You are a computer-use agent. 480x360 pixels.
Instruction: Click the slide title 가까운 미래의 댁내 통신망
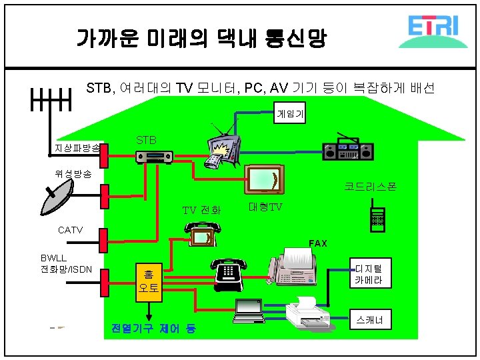pos(201,38)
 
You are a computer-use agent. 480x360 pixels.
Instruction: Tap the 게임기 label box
pos(291,115)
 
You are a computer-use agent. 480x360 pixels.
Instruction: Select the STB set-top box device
pos(154,157)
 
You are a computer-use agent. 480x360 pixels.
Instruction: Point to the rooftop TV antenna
pos(51,103)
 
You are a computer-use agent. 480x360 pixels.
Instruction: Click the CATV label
pos(70,230)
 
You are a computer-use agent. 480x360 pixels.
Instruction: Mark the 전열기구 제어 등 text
pos(153,329)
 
